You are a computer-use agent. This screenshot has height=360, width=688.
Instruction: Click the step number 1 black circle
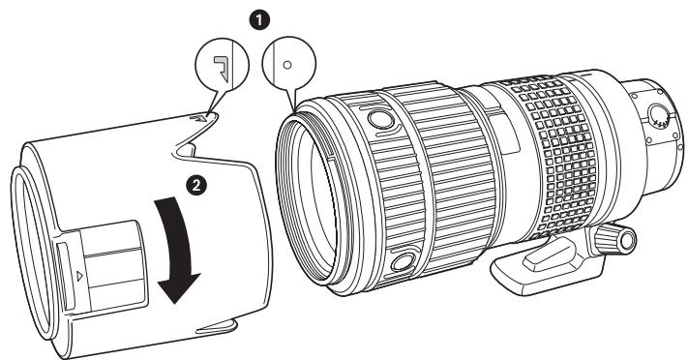pos(259,20)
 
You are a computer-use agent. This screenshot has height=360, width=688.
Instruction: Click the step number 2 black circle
pos(196,185)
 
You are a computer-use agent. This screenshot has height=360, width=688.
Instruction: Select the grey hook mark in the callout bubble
pos(222,68)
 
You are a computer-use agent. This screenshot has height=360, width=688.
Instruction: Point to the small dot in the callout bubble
pos(287,65)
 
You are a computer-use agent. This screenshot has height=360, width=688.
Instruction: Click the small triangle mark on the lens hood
pos(79,276)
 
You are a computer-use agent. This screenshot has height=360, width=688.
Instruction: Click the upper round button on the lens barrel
pos(380,118)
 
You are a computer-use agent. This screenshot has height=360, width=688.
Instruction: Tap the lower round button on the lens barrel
pos(403,261)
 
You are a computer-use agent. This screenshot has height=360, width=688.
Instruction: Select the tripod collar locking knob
pos(614,239)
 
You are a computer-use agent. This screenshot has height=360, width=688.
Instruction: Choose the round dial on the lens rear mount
pos(658,116)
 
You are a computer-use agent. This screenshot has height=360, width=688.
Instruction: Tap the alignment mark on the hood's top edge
pos(198,118)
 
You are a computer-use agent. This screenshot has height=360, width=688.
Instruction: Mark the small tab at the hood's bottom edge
pos(217,327)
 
